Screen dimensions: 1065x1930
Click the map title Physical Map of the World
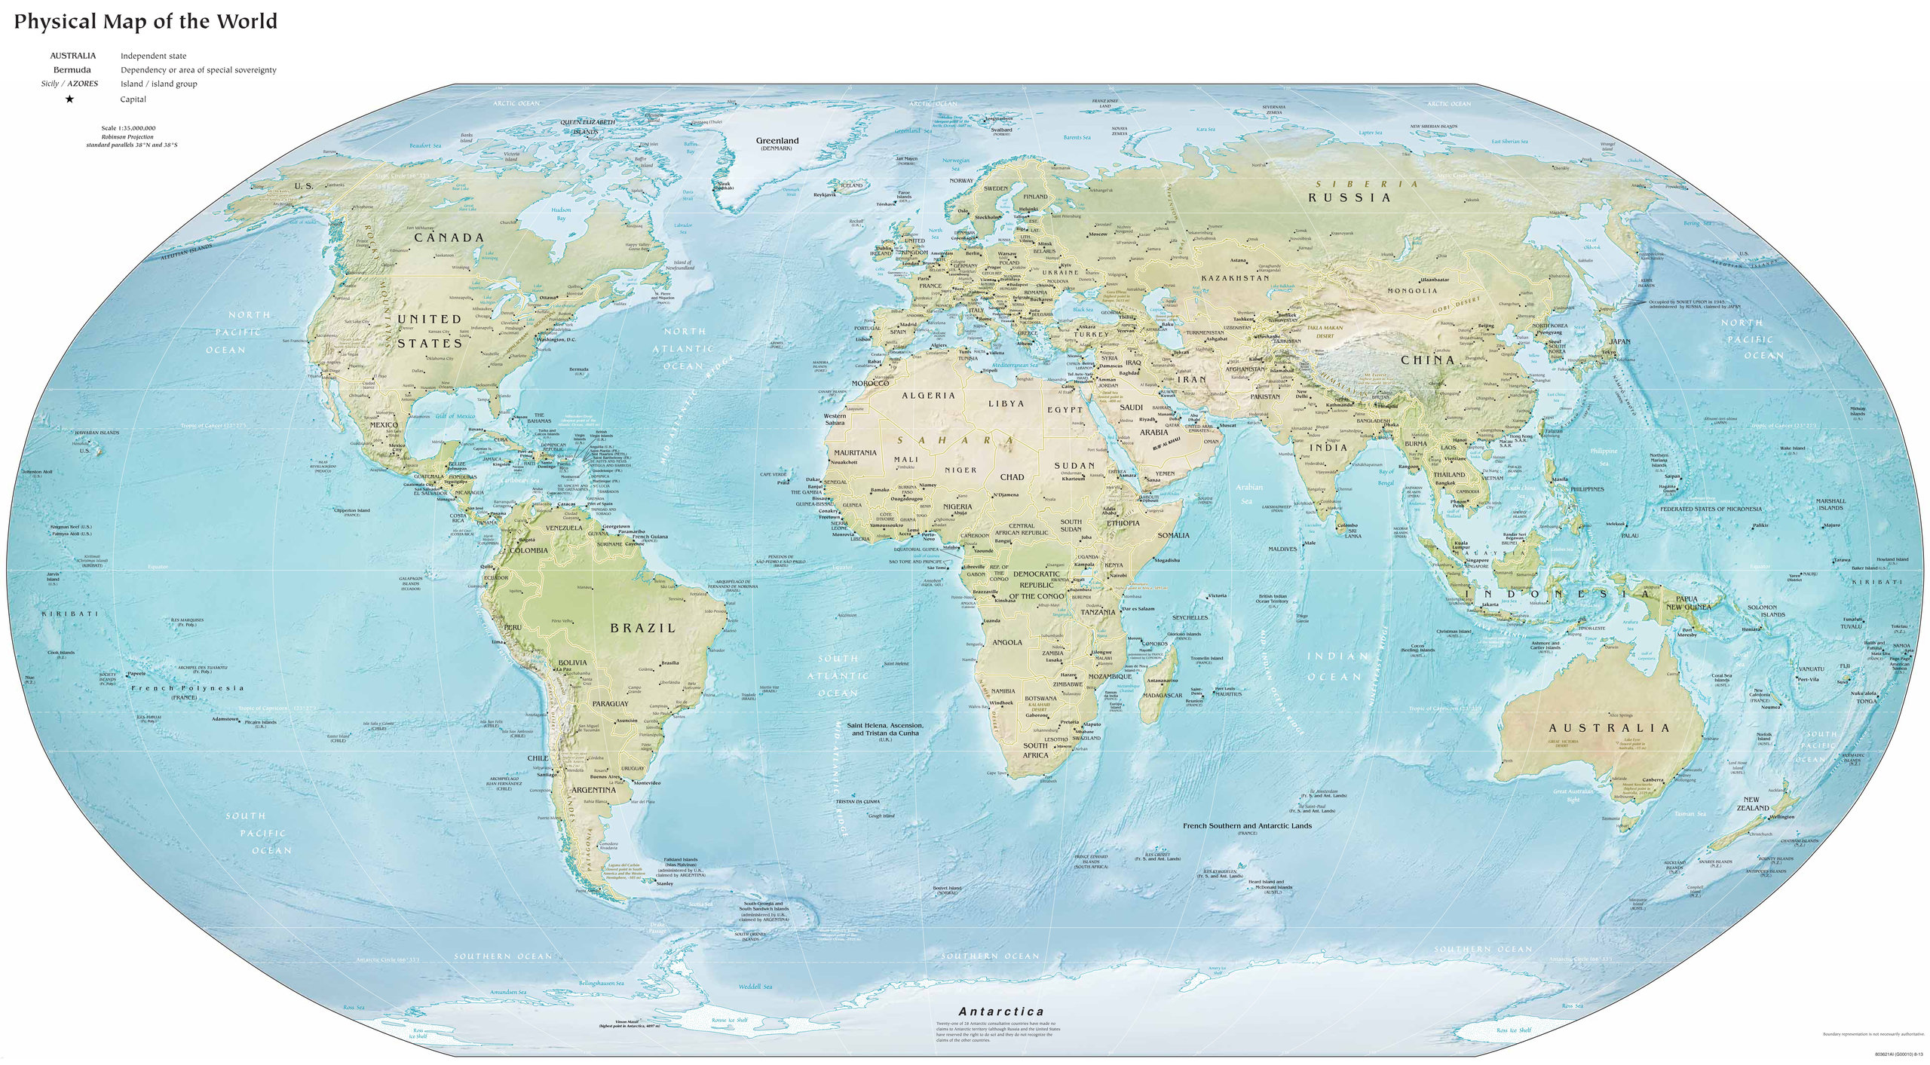tap(146, 21)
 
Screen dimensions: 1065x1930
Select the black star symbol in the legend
tap(69, 99)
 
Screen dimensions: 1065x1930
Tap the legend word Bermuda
tap(72, 70)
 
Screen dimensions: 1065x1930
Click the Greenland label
tap(777, 141)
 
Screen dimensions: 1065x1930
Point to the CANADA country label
tap(449, 237)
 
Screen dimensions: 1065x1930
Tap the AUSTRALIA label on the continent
tap(1609, 728)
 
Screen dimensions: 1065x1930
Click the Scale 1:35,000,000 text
tap(131, 128)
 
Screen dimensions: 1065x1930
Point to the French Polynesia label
tap(187, 688)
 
